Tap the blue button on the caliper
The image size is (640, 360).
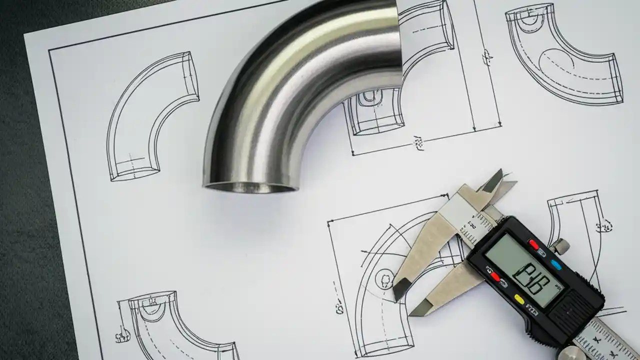555,263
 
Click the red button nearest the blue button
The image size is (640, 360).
533,245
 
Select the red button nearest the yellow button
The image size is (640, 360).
495,276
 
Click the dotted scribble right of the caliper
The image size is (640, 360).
604,225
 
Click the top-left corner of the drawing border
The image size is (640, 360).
50,50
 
